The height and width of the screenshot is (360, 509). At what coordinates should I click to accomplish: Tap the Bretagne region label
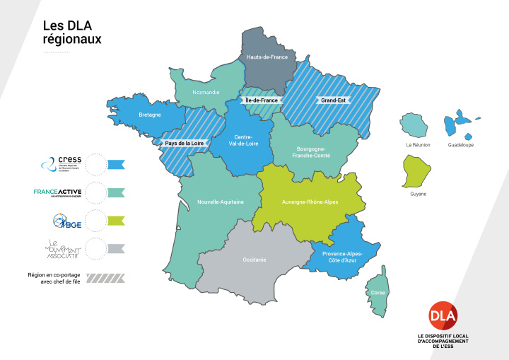pyautogui.click(x=150, y=114)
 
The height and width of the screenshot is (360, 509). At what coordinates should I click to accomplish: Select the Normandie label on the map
pyautogui.click(x=206, y=93)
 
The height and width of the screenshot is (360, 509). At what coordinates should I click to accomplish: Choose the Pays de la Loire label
pyautogui.click(x=185, y=143)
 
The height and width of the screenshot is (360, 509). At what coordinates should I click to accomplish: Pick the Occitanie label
pyautogui.click(x=254, y=260)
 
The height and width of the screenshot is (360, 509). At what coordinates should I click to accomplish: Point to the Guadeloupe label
pyautogui.click(x=461, y=145)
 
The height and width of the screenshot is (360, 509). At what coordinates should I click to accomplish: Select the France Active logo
pyautogui.click(x=59, y=192)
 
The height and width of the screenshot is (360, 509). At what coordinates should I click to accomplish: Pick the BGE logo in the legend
pyautogui.click(x=64, y=221)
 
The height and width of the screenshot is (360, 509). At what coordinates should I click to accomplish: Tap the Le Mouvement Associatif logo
pyautogui.click(x=62, y=248)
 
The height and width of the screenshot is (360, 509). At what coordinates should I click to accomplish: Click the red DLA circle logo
pyautogui.click(x=443, y=314)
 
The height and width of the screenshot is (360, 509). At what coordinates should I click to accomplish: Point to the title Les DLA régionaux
pyautogui.click(x=71, y=33)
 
